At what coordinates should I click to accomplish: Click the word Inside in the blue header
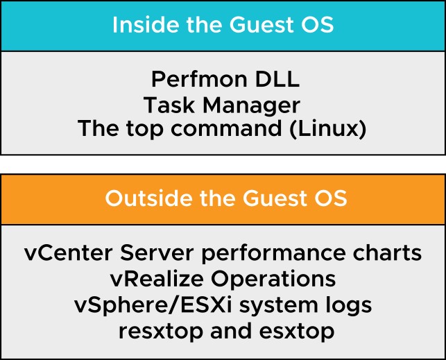(x=146, y=24)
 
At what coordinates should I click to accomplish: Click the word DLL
(x=277, y=79)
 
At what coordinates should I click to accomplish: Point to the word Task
(x=169, y=105)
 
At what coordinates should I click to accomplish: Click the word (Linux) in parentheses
(x=328, y=129)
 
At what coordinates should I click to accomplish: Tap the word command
(x=226, y=128)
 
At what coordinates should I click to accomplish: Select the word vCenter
(x=68, y=252)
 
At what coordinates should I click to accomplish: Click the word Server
(x=157, y=252)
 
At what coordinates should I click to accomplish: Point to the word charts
(x=387, y=252)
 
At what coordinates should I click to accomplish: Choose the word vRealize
(x=157, y=279)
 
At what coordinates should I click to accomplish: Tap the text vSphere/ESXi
(x=153, y=306)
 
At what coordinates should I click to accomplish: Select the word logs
(x=348, y=306)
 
